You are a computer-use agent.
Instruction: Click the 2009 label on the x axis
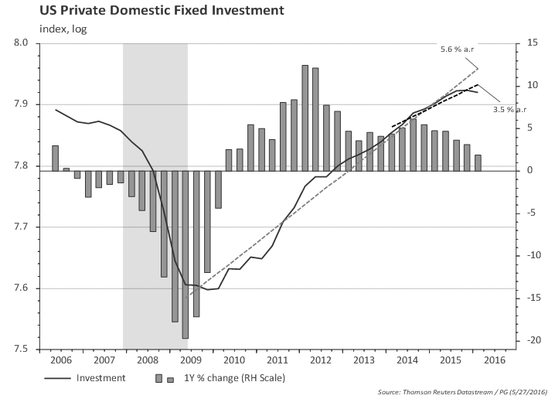[x=188, y=360]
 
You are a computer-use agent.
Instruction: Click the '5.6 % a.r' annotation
[x=456, y=49]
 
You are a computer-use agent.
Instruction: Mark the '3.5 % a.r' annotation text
[x=509, y=110]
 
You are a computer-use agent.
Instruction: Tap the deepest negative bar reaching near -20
[x=186, y=254]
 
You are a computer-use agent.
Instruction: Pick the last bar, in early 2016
[x=478, y=162]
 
